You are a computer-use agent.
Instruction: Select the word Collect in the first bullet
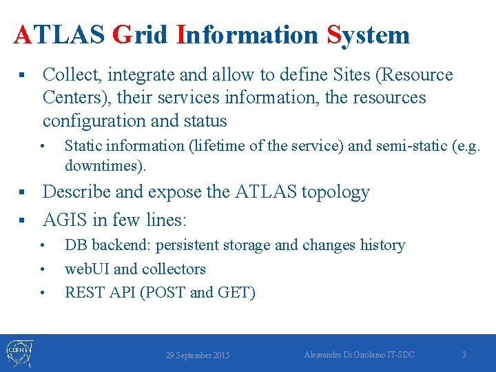[72, 74]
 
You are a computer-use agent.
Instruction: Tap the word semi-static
[417, 146]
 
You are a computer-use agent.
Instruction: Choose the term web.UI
[87, 269]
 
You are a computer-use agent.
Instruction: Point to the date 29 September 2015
[198, 355]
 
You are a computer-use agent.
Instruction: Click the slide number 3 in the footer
[464, 355]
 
